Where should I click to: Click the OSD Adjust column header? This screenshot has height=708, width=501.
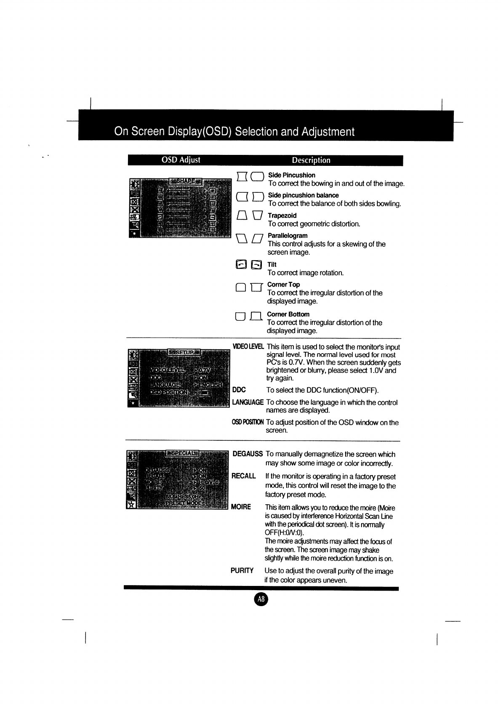pyautogui.click(x=181, y=160)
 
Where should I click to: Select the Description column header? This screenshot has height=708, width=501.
pyautogui.click(x=312, y=160)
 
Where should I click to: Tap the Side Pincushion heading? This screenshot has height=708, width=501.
pyautogui.click(x=292, y=175)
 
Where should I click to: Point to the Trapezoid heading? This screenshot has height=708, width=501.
pyautogui.click(x=282, y=216)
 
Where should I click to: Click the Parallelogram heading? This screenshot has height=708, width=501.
pyautogui.click(x=288, y=236)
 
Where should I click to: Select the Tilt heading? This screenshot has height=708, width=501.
pyautogui.click(x=272, y=264)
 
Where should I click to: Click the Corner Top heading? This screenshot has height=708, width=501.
pyautogui.click(x=283, y=285)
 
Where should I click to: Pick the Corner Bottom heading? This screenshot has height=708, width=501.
pyautogui.click(x=288, y=314)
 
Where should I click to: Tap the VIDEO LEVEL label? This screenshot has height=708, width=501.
pyautogui.click(x=248, y=347)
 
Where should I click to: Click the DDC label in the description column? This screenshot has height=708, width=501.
pyautogui.click(x=239, y=390)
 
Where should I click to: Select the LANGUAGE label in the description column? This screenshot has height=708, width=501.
pyautogui.click(x=248, y=402)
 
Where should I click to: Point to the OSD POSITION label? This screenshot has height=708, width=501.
pyautogui.click(x=248, y=422)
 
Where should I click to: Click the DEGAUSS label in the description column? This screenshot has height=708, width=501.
pyautogui.click(x=248, y=454)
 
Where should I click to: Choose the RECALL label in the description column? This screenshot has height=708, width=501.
pyautogui.click(x=244, y=476)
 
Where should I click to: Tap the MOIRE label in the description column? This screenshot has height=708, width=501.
pyautogui.click(x=241, y=507)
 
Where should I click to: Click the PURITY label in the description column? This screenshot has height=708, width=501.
pyautogui.click(x=242, y=571)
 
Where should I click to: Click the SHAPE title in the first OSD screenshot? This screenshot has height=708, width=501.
pyautogui.click(x=185, y=181)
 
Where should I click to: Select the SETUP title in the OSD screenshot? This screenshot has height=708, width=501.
pyautogui.click(x=184, y=352)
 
